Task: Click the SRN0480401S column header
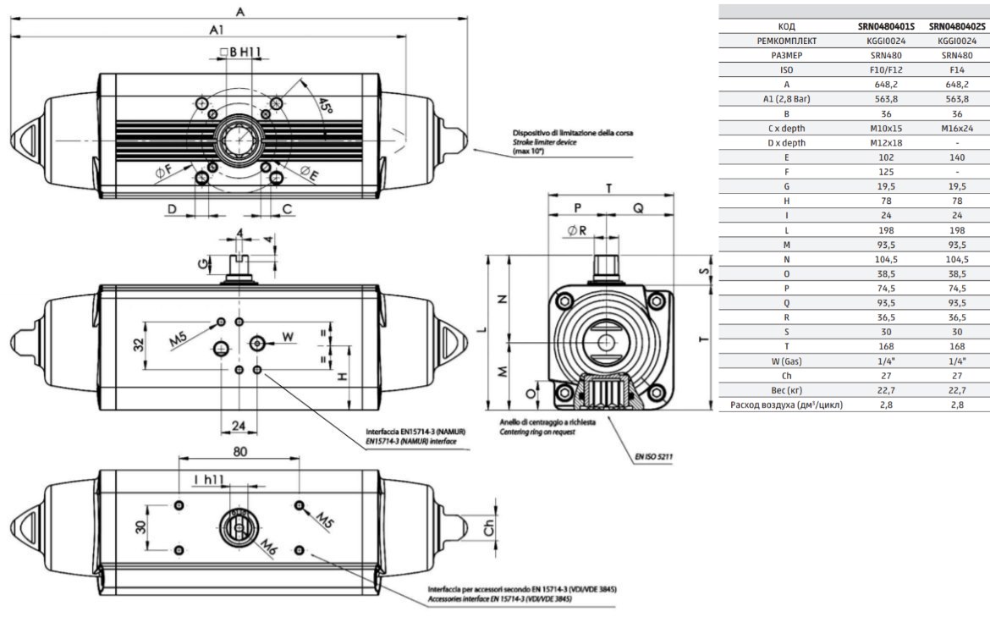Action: pyautogui.click(x=886, y=26)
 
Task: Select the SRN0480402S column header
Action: pyautogui.click(x=957, y=26)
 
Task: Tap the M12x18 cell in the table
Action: pyautogui.click(x=886, y=143)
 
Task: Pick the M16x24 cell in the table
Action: pyautogui.click(x=957, y=128)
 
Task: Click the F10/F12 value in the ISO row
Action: pyautogui.click(x=886, y=70)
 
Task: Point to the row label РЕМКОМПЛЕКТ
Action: pyautogui.click(x=787, y=41)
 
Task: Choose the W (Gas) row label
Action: pyautogui.click(x=787, y=361)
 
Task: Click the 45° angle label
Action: pyautogui.click(x=325, y=106)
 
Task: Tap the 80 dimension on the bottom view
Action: pyautogui.click(x=240, y=452)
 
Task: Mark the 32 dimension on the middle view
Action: pyautogui.click(x=139, y=344)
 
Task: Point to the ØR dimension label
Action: pyautogui.click(x=577, y=231)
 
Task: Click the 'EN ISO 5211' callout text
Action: pyautogui.click(x=653, y=456)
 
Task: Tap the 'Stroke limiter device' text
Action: pyautogui.click(x=544, y=143)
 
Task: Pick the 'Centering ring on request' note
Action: pyautogui.click(x=537, y=432)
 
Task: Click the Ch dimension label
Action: pyautogui.click(x=489, y=528)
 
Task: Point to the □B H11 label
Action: pyautogui.click(x=240, y=52)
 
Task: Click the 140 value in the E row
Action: pyautogui.click(x=957, y=157)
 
